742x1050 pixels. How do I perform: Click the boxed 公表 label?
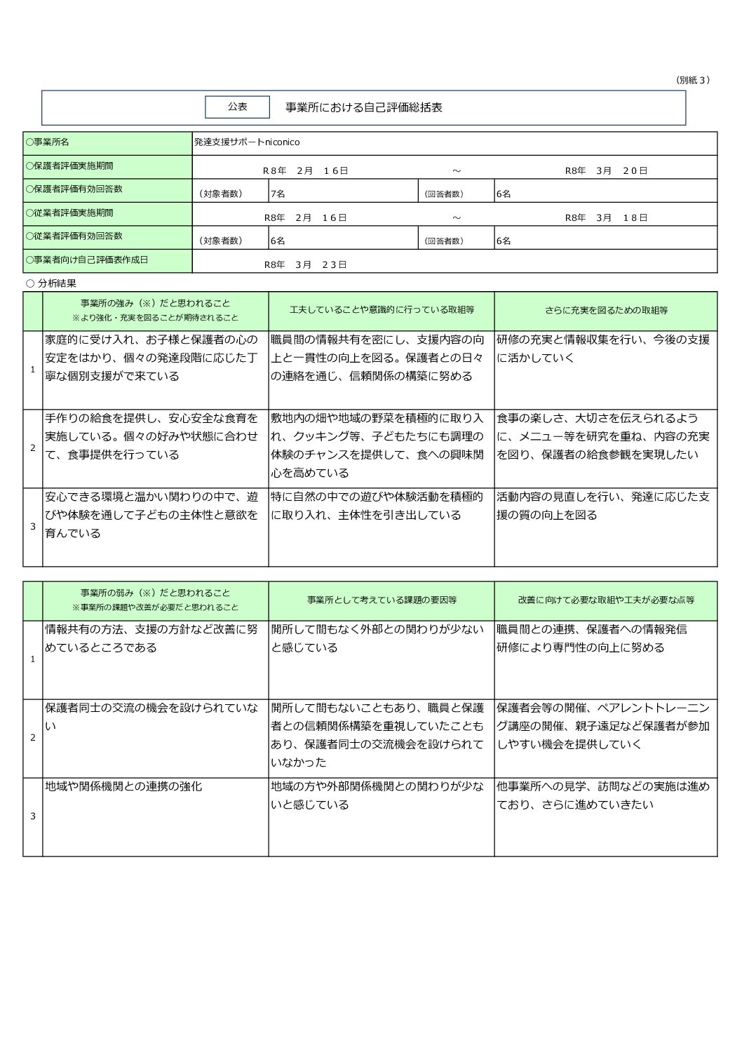point(237,107)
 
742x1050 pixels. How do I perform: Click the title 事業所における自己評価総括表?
point(363,107)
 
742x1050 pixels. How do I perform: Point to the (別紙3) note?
point(692,80)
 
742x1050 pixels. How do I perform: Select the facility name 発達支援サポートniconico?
point(247,142)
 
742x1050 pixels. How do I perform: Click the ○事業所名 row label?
point(48,142)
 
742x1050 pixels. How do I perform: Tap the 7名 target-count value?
point(278,194)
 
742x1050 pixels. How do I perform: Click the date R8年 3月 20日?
point(606,170)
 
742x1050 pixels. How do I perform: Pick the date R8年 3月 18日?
point(606,217)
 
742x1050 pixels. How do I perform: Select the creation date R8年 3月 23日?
point(305,264)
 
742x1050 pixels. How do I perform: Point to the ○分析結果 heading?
point(50,283)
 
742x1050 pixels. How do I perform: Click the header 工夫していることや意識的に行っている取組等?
point(382,310)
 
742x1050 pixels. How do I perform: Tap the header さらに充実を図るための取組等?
point(606,310)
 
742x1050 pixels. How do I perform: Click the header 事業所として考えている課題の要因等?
point(382,600)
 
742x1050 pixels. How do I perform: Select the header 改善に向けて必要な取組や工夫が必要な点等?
point(606,600)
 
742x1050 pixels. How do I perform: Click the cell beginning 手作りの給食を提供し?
point(151,436)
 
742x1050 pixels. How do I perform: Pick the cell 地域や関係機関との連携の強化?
point(123,787)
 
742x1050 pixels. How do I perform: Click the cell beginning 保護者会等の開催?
point(603,726)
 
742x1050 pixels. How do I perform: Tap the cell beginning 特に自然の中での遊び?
point(377,506)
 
